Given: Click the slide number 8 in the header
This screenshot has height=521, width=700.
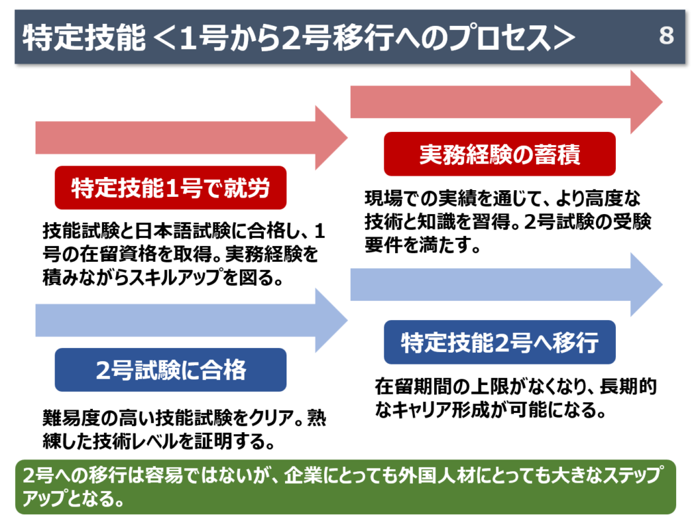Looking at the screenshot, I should coord(667,36).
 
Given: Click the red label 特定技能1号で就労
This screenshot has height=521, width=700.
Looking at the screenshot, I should coord(170,187).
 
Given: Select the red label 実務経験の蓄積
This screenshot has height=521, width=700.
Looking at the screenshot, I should coord(500,155).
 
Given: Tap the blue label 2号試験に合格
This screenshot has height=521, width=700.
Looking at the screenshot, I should coord(170,370).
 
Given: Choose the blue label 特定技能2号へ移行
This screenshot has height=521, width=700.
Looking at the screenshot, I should coord(500,342).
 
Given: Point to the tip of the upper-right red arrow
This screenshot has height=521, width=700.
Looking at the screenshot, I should coord(661,102).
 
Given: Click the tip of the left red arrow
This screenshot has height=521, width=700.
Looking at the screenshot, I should coord(347,137).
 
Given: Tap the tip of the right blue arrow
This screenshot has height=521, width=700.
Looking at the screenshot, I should coord(661,284).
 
